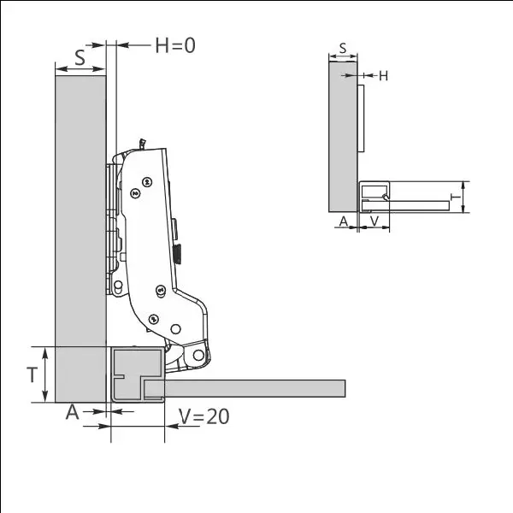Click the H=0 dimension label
click(174, 45)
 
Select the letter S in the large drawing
click(80, 57)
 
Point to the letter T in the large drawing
click(32, 374)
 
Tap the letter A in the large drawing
click(73, 412)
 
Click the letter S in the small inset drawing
click(343, 49)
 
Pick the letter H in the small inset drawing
click(383, 76)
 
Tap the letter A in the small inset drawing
click(344, 221)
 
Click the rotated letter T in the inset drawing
click(456, 198)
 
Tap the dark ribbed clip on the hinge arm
click(180, 253)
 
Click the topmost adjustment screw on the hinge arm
click(147, 181)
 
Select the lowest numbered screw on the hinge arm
click(153, 319)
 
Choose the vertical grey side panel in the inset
click(342, 137)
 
